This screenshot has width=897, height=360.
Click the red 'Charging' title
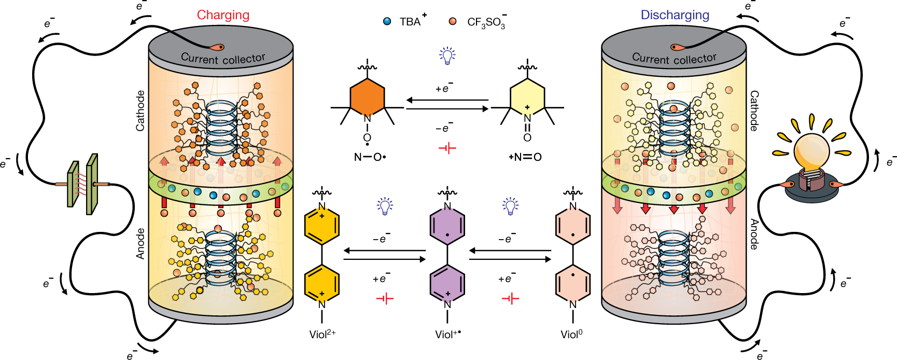click(x=223, y=15)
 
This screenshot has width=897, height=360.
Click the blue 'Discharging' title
click(x=675, y=15)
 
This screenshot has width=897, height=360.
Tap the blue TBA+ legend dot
click(x=387, y=22)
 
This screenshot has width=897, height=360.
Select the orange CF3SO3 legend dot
click(x=453, y=22)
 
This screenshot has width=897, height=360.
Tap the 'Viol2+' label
click(x=323, y=335)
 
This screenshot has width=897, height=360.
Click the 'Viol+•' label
click(x=448, y=335)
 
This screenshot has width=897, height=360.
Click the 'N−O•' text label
click(x=370, y=157)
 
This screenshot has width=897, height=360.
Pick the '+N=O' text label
click(x=525, y=157)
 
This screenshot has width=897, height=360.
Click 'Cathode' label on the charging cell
click(x=140, y=110)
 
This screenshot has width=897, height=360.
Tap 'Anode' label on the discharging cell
click(x=754, y=234)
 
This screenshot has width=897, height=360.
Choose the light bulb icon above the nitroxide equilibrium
click(x=447, y=56)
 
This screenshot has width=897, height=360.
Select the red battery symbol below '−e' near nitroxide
click(x=447, y=149)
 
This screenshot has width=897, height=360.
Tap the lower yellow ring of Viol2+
click(x=322, y=284)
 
